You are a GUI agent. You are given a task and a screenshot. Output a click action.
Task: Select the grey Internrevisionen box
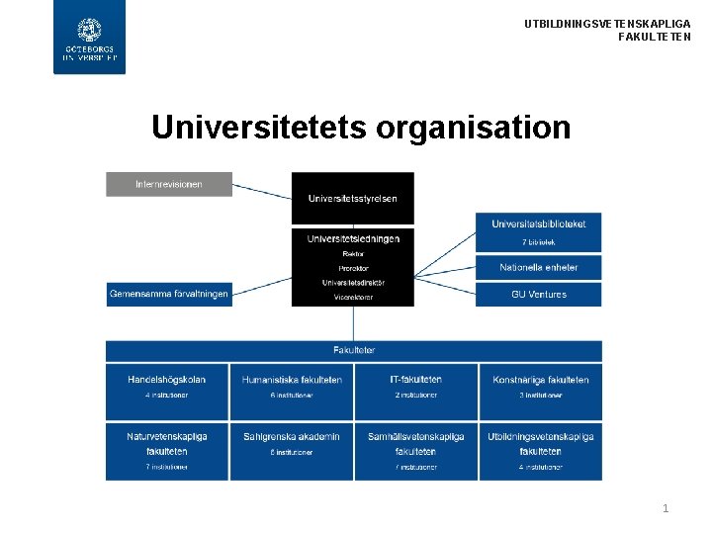tap(169, 184)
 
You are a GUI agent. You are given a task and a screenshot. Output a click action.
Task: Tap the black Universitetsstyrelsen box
tap(352, 198)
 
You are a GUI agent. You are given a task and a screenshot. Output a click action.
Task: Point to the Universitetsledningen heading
tap(353, 238)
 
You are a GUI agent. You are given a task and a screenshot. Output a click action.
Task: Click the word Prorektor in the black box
tap(353, 267)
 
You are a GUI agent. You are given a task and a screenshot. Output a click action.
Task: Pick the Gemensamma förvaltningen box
tap(169, 294)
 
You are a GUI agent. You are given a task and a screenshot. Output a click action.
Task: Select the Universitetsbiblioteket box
tap(538, 231)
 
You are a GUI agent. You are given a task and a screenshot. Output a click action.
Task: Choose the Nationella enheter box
tap(538, 267)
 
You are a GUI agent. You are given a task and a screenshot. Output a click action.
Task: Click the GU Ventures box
tap(538, 294)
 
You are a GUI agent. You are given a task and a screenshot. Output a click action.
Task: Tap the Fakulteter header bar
tap(353, 350)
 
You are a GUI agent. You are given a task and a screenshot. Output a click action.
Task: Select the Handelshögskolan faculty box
tap(167, 391)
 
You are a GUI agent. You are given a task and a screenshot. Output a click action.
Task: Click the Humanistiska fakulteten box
tap(292, 391)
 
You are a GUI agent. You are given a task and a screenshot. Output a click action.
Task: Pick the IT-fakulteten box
tap(415, 391)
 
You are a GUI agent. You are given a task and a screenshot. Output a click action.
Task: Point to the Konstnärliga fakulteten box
tap(540, 391)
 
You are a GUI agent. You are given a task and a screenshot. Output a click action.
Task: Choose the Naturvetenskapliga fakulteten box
tap(167, 451)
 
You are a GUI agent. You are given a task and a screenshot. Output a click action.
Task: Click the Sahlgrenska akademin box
tap(292, 451)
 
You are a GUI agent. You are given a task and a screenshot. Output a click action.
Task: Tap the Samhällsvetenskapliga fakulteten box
tap(415, 451)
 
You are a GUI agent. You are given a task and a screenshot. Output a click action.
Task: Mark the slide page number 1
tap(666, 508)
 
